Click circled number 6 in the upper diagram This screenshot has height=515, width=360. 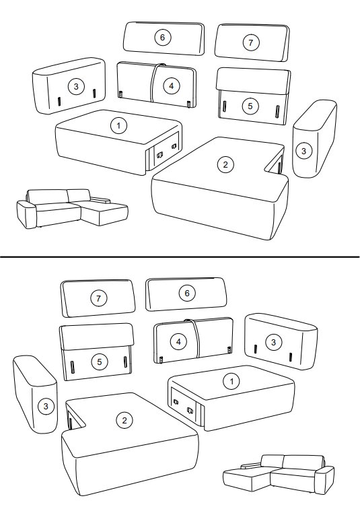162,38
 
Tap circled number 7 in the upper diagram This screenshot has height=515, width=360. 251,42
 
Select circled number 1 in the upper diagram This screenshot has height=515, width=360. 118,125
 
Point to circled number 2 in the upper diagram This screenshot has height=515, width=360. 225,164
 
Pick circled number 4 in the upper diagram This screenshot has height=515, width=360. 172,86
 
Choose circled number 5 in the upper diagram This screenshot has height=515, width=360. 250,106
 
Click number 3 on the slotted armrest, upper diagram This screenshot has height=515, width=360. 76,86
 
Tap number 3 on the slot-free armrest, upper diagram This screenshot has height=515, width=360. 303,151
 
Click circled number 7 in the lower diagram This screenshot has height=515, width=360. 98,298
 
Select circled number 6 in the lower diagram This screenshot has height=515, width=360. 187,293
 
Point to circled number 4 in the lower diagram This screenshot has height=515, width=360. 178,342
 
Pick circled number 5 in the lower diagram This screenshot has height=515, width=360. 100,362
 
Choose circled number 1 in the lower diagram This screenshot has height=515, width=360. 231,382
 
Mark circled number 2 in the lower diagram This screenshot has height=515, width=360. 124,420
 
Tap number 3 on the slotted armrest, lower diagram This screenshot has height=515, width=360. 273,343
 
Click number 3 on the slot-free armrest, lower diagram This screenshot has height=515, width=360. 46,407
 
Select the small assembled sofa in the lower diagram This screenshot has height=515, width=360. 279,475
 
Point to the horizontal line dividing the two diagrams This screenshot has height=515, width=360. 180,257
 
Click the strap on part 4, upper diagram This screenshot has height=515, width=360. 153,83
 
